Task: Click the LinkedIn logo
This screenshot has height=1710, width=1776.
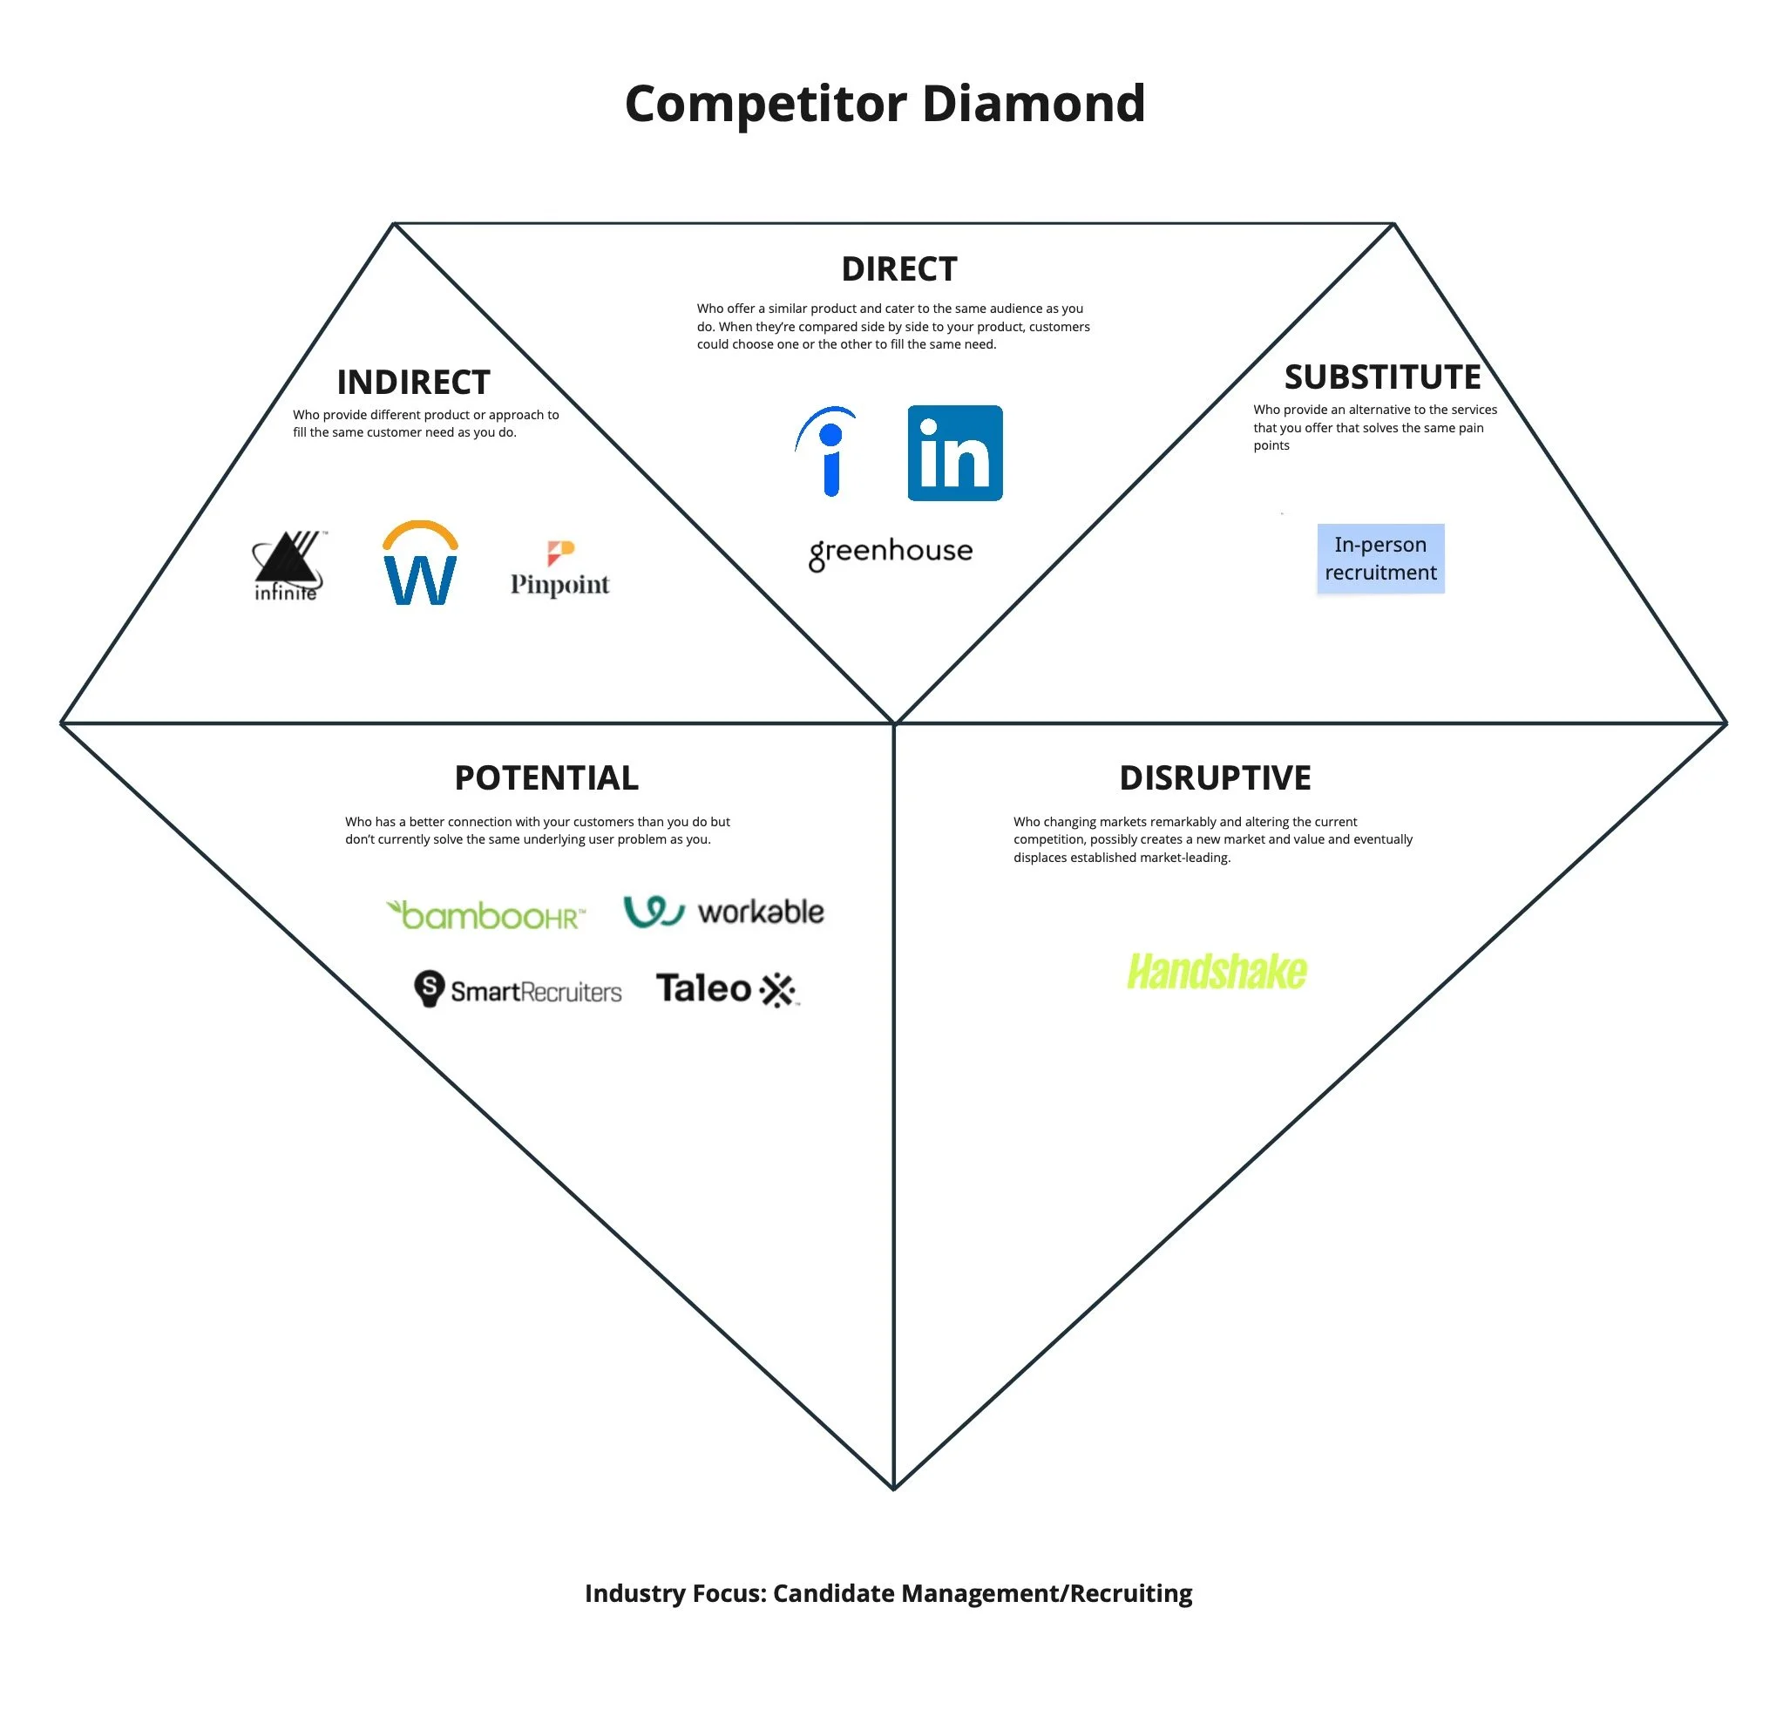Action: tap(954, 453)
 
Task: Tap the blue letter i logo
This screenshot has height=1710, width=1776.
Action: tap(828, 452)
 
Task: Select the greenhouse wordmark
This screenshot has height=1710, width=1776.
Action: tap(890, 552)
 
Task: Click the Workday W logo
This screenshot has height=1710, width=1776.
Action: tap(419, 564)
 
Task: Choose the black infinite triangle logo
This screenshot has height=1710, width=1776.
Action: tap(288, 566)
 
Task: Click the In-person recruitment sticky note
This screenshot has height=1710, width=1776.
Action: tap(1380, 558)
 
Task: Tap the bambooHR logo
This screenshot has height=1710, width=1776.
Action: tap(485, 915)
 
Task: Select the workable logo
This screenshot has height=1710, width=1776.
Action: tap(723, 912)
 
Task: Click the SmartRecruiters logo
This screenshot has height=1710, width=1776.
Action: tap(518, 989)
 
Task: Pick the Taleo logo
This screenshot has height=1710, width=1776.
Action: tap(726, 989)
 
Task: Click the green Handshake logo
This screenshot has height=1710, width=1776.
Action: tap(1216, 972)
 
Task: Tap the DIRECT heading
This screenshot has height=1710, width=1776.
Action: tap(898, 269)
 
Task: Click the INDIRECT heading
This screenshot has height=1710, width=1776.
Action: tap(413, 383)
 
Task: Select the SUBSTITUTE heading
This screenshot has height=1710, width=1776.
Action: tap(1382, 377)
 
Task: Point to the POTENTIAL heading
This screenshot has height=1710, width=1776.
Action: tap(546, 777)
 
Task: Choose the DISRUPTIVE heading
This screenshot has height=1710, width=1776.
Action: tap(1214, 777)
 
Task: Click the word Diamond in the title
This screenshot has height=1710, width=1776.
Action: tap(1033, 104)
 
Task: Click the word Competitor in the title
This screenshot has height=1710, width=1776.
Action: tap(766, 104)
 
